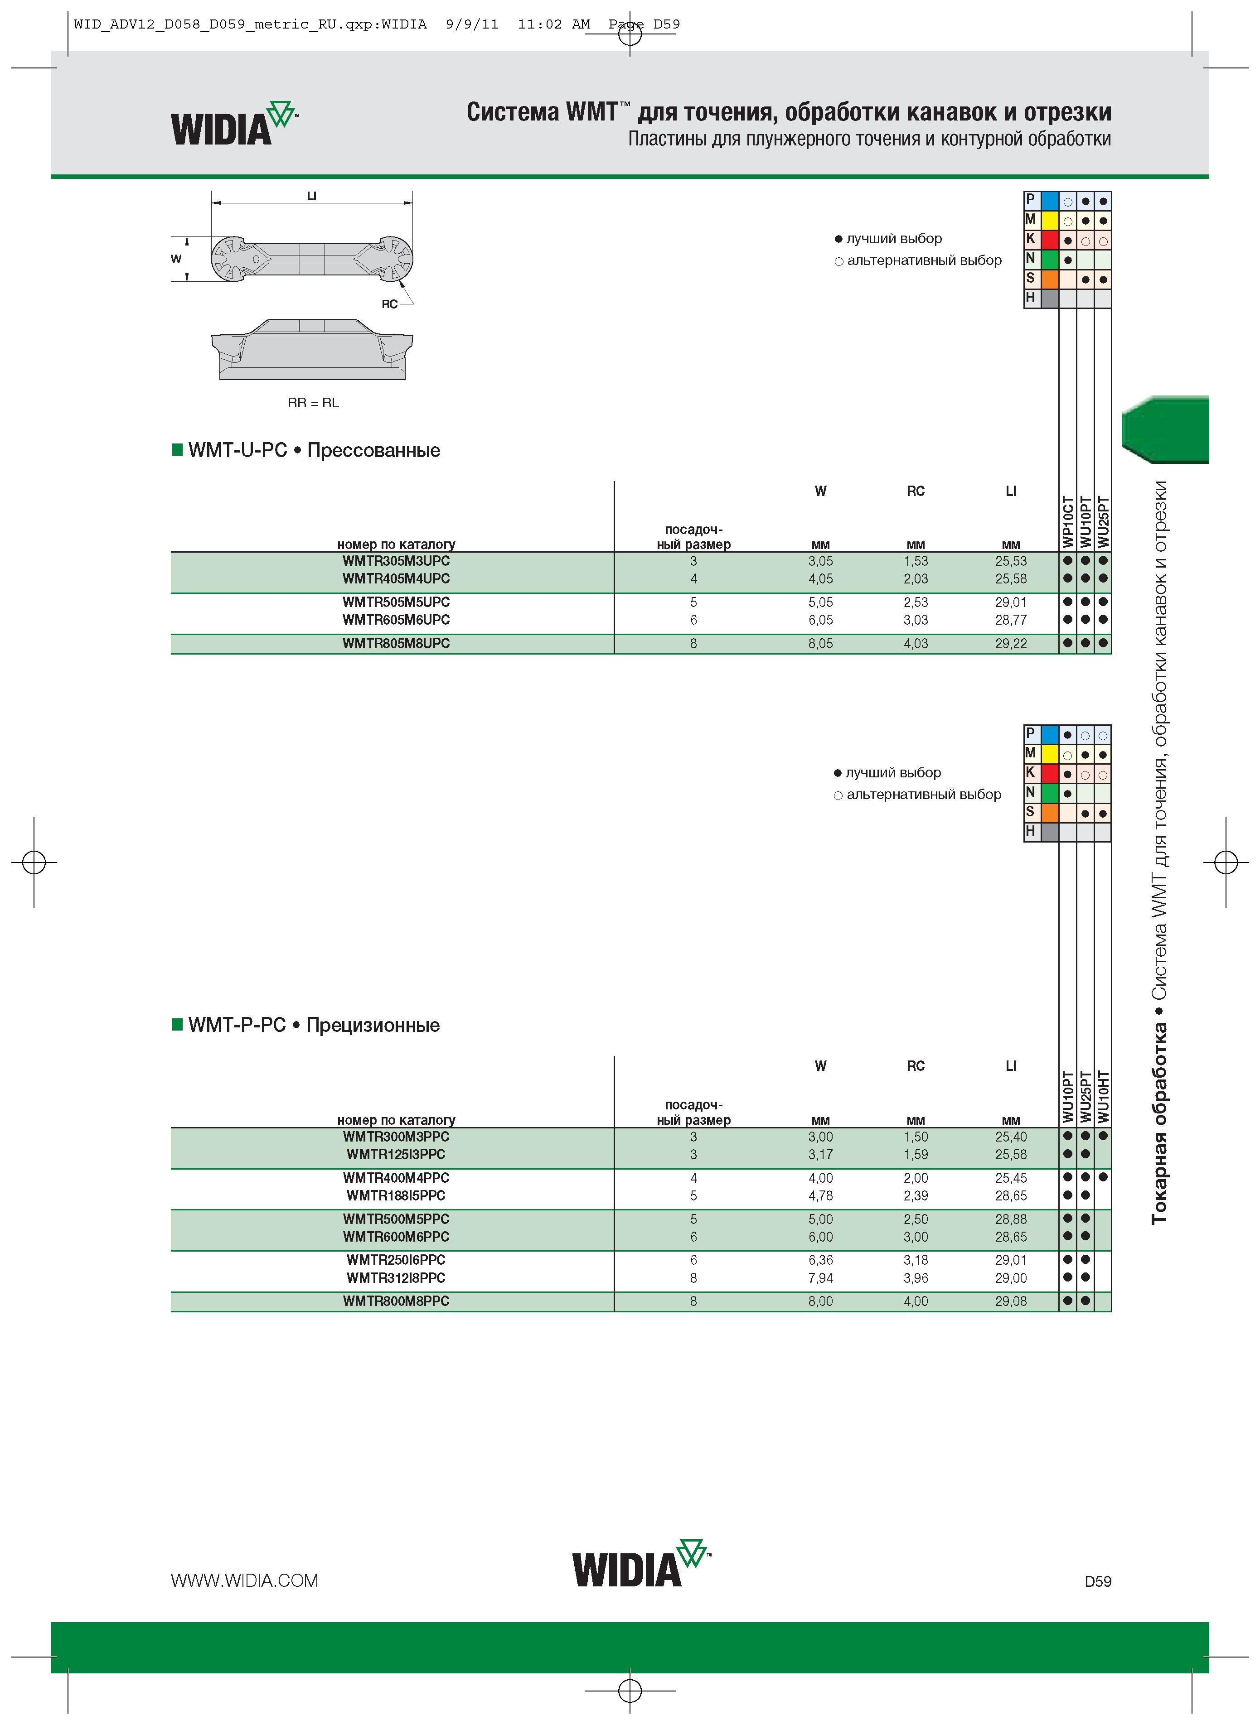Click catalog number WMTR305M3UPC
point(396,561)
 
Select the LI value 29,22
point(1011,643)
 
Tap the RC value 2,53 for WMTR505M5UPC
point(915,602)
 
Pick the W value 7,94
point(821,1277)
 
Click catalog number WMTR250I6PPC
point(396,1260)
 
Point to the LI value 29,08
point(1011,1301)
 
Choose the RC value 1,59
point(915,1154)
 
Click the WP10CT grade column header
point(1068,522)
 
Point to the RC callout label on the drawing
point(390,304)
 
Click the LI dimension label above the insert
point(311,196)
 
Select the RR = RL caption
point(313,402)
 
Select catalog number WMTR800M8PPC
point(396,1301)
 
